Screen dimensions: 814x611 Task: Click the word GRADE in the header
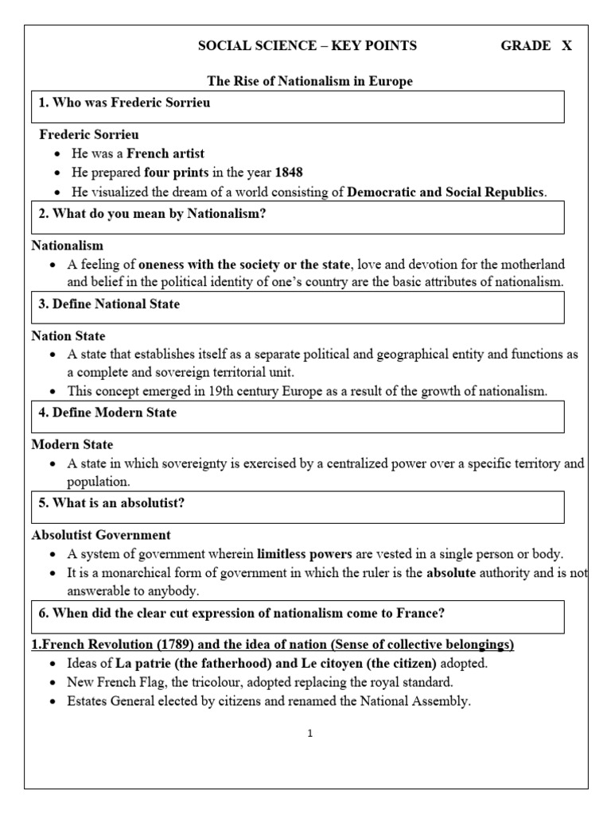[525, 46]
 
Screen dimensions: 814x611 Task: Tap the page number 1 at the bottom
[310, 734]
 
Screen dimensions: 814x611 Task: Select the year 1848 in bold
[289, 172]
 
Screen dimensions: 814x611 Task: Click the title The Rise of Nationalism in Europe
[310, 82]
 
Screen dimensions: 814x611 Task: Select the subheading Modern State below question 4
[72, 444]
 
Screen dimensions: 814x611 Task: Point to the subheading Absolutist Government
[101, 535]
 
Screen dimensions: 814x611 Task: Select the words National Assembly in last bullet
[428, 701]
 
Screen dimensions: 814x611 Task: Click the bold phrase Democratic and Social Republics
[446, 192]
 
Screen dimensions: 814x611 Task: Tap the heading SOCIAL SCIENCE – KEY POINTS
[307, 46]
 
